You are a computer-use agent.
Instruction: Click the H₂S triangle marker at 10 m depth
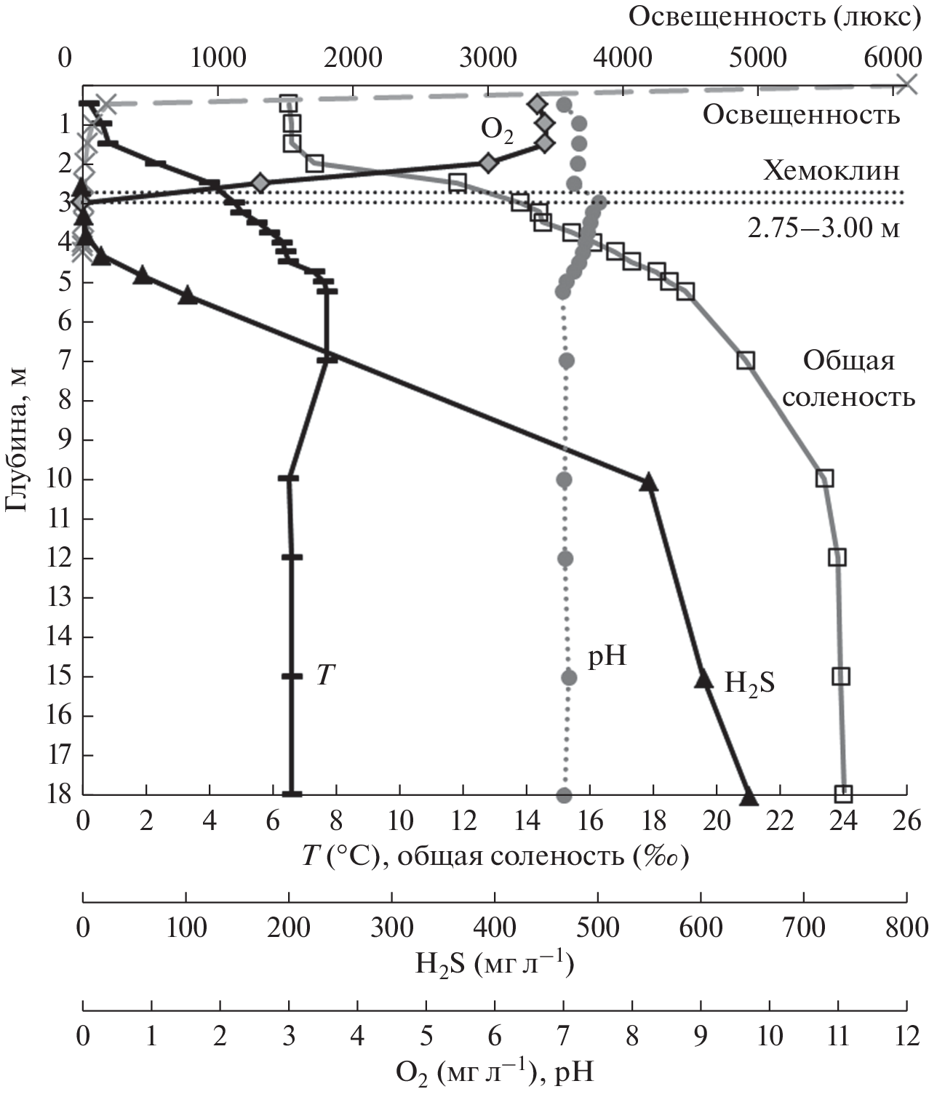tap(649, 482)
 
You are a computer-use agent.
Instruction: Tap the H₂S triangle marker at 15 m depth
tap(703, 679)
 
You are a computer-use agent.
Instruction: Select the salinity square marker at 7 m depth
tap(746, 360)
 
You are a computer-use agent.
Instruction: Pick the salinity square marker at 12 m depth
tap(837, 557)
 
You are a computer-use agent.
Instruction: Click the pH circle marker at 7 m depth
tap(568, 360)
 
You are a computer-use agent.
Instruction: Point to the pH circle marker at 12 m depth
tap(565, 558)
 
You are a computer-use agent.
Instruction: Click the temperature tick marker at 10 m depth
tap(289, 479)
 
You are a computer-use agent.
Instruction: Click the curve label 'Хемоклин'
tap(831, 170)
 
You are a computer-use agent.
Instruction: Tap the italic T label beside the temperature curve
tap(324, 676)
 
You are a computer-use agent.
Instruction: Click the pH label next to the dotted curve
tap(607, 657)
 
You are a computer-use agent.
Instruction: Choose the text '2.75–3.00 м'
tap(824, 228)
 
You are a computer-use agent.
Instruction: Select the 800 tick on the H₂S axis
tap(906, 927)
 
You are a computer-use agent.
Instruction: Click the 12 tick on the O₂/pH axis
tap(906, 1035)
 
